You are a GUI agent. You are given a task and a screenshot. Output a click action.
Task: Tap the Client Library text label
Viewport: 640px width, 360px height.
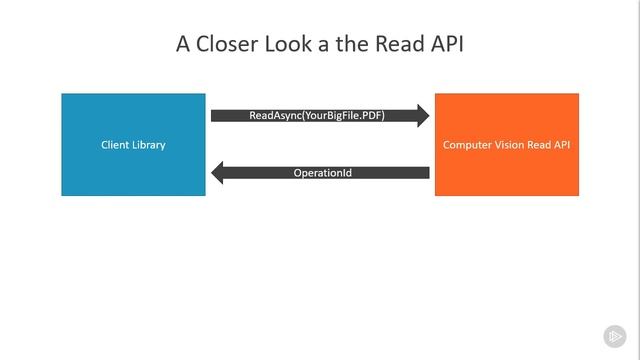(133, 145)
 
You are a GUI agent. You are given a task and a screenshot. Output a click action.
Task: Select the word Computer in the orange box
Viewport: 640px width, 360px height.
(466, 145)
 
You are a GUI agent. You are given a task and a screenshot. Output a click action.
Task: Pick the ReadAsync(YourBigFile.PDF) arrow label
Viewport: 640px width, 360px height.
(317, 116)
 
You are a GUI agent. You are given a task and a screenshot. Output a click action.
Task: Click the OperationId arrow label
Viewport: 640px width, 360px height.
(322, 173)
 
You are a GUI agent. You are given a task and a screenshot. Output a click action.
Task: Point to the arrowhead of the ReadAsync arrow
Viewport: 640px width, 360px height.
(423, 116)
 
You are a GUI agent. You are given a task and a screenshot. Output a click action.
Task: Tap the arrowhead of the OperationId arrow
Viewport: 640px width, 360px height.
(218, 173)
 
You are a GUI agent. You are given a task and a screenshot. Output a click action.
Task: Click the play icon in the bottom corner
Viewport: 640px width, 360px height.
(614, 336)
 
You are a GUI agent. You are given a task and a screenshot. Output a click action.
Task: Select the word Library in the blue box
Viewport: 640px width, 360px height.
(148, 145)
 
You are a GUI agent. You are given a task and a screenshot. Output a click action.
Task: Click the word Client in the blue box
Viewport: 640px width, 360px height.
(115, 145)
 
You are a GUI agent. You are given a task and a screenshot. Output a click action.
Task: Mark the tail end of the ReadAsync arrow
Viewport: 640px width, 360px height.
(214, 116)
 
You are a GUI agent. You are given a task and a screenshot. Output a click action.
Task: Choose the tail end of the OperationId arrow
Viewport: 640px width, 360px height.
(427, 173)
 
